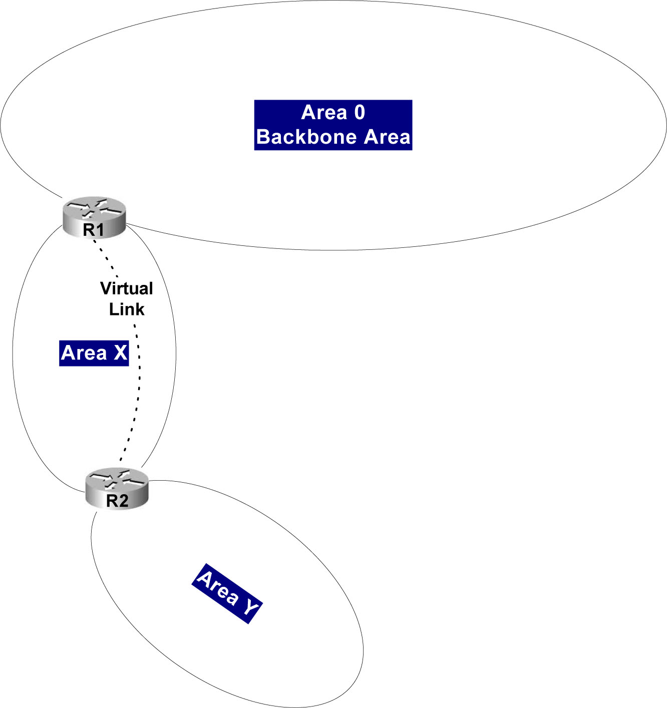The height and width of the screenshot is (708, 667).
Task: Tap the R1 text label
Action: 94,230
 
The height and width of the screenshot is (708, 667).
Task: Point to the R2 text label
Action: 117,501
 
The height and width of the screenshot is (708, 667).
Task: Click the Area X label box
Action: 94,353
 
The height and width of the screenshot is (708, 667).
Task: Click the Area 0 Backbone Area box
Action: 333,125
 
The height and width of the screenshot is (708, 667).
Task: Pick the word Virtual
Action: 127,288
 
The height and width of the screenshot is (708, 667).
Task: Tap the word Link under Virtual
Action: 127,309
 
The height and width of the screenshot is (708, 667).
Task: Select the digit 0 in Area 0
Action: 360,113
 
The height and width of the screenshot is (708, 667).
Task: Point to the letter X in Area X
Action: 121,353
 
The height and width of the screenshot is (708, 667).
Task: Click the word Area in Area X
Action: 84,353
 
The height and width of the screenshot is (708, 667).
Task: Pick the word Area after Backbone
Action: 387,137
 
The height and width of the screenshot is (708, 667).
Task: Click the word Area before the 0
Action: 324,113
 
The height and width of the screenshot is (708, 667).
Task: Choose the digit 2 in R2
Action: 123,501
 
